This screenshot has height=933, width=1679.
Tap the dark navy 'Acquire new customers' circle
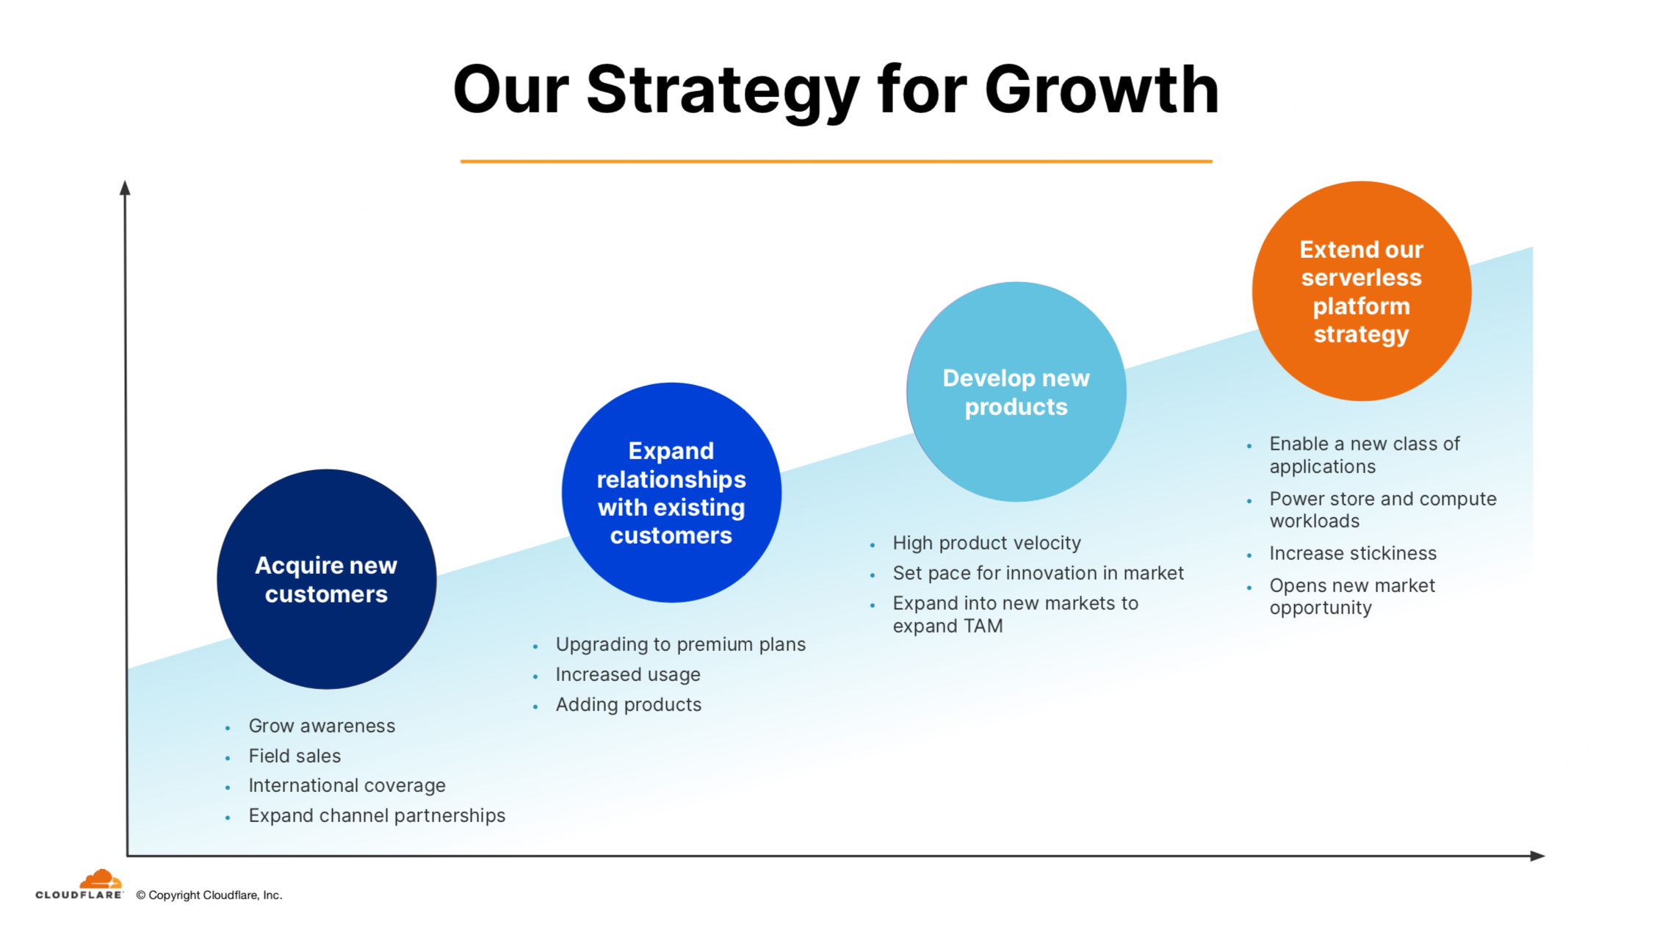tap(327, 579)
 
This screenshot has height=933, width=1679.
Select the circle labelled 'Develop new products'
tap(1017, 392)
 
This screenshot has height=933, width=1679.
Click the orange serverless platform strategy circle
tap(1362, 291)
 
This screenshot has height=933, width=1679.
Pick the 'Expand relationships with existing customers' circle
tap(671, 492)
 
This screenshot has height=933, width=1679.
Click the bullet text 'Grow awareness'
tap(322, 726)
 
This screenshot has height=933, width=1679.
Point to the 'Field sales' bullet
tap(295, 756)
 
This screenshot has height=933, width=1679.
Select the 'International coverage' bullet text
tap(347, 785)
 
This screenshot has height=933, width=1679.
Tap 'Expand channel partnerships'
tap(377, 815)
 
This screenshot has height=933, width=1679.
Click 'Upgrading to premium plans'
tap(680, 644)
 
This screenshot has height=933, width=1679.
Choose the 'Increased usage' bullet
tap(628, 674)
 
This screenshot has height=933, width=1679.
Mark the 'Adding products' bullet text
tap(629, 705)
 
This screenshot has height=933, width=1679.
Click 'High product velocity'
tap(986, 543)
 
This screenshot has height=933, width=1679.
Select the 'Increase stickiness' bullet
tap(1353, 553)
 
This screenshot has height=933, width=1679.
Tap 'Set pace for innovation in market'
tap(1038, 573)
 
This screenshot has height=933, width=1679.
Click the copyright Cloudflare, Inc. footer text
tap(209, 895)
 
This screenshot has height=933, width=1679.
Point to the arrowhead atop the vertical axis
tap(125, 187)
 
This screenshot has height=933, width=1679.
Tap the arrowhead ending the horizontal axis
tap(1537, 856)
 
